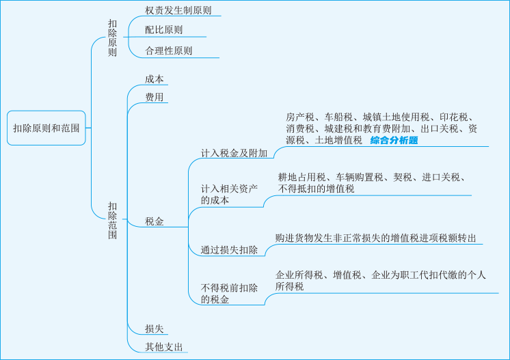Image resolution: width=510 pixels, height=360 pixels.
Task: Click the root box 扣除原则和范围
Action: click(x=46, y=128)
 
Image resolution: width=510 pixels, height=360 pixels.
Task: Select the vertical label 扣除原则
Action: click(x=112, y=38)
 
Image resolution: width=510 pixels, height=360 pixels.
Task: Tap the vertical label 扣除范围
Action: click(x=112, y=220)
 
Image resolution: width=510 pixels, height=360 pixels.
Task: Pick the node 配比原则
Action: click(x=163, y=30)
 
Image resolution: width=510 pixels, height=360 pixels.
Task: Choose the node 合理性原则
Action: click(x=168, y=51)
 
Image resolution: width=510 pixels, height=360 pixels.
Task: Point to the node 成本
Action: click(x=155, y=79)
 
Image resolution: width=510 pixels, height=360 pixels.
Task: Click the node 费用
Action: click(x=155, y=97)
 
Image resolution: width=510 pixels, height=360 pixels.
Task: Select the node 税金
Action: click(x=155, y=221)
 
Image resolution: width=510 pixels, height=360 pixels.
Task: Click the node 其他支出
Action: click(x=164, y=346)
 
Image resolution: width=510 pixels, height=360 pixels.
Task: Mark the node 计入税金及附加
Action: click(x=234, y=153)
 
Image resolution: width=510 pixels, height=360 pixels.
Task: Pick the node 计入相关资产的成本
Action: click(x=229, y=194)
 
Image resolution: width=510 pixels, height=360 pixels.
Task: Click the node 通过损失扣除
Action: click(x=229, y=250)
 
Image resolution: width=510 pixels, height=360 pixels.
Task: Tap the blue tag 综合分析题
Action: click(x=394, y=141)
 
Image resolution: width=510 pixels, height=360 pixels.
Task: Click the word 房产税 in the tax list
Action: click(x=299, y=116)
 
